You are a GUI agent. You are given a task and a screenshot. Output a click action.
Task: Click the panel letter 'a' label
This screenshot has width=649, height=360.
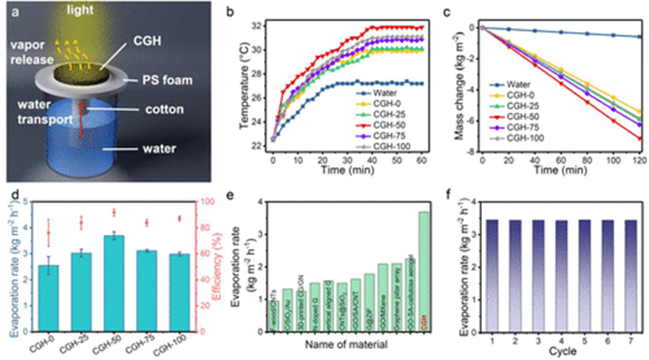pos(10,12)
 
